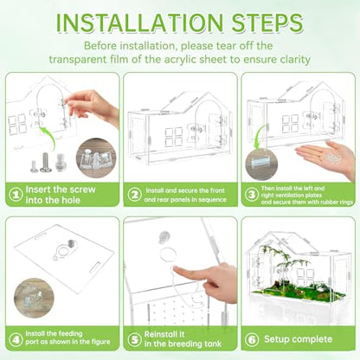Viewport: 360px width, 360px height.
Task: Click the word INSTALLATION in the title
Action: pos(139,22)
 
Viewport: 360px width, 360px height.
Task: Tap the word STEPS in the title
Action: pos(267,22)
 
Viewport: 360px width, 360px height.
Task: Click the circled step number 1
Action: pos(16,195)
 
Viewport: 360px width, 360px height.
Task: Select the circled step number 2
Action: pos(134,195)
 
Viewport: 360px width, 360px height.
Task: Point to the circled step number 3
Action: pos(252,195)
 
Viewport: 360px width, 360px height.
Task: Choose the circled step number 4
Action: pos(16,339)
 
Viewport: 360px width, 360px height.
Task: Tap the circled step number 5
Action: pos(134,339)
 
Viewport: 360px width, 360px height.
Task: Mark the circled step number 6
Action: pos(252,339)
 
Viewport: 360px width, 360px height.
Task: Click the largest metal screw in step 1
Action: pos(46,163)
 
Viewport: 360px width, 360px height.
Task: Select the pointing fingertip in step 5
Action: pos(177,271)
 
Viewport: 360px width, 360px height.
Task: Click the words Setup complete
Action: pos(298,339)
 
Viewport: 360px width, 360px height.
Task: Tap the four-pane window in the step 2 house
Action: pos(174,137)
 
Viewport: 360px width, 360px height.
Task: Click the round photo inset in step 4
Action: pos(34,298)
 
